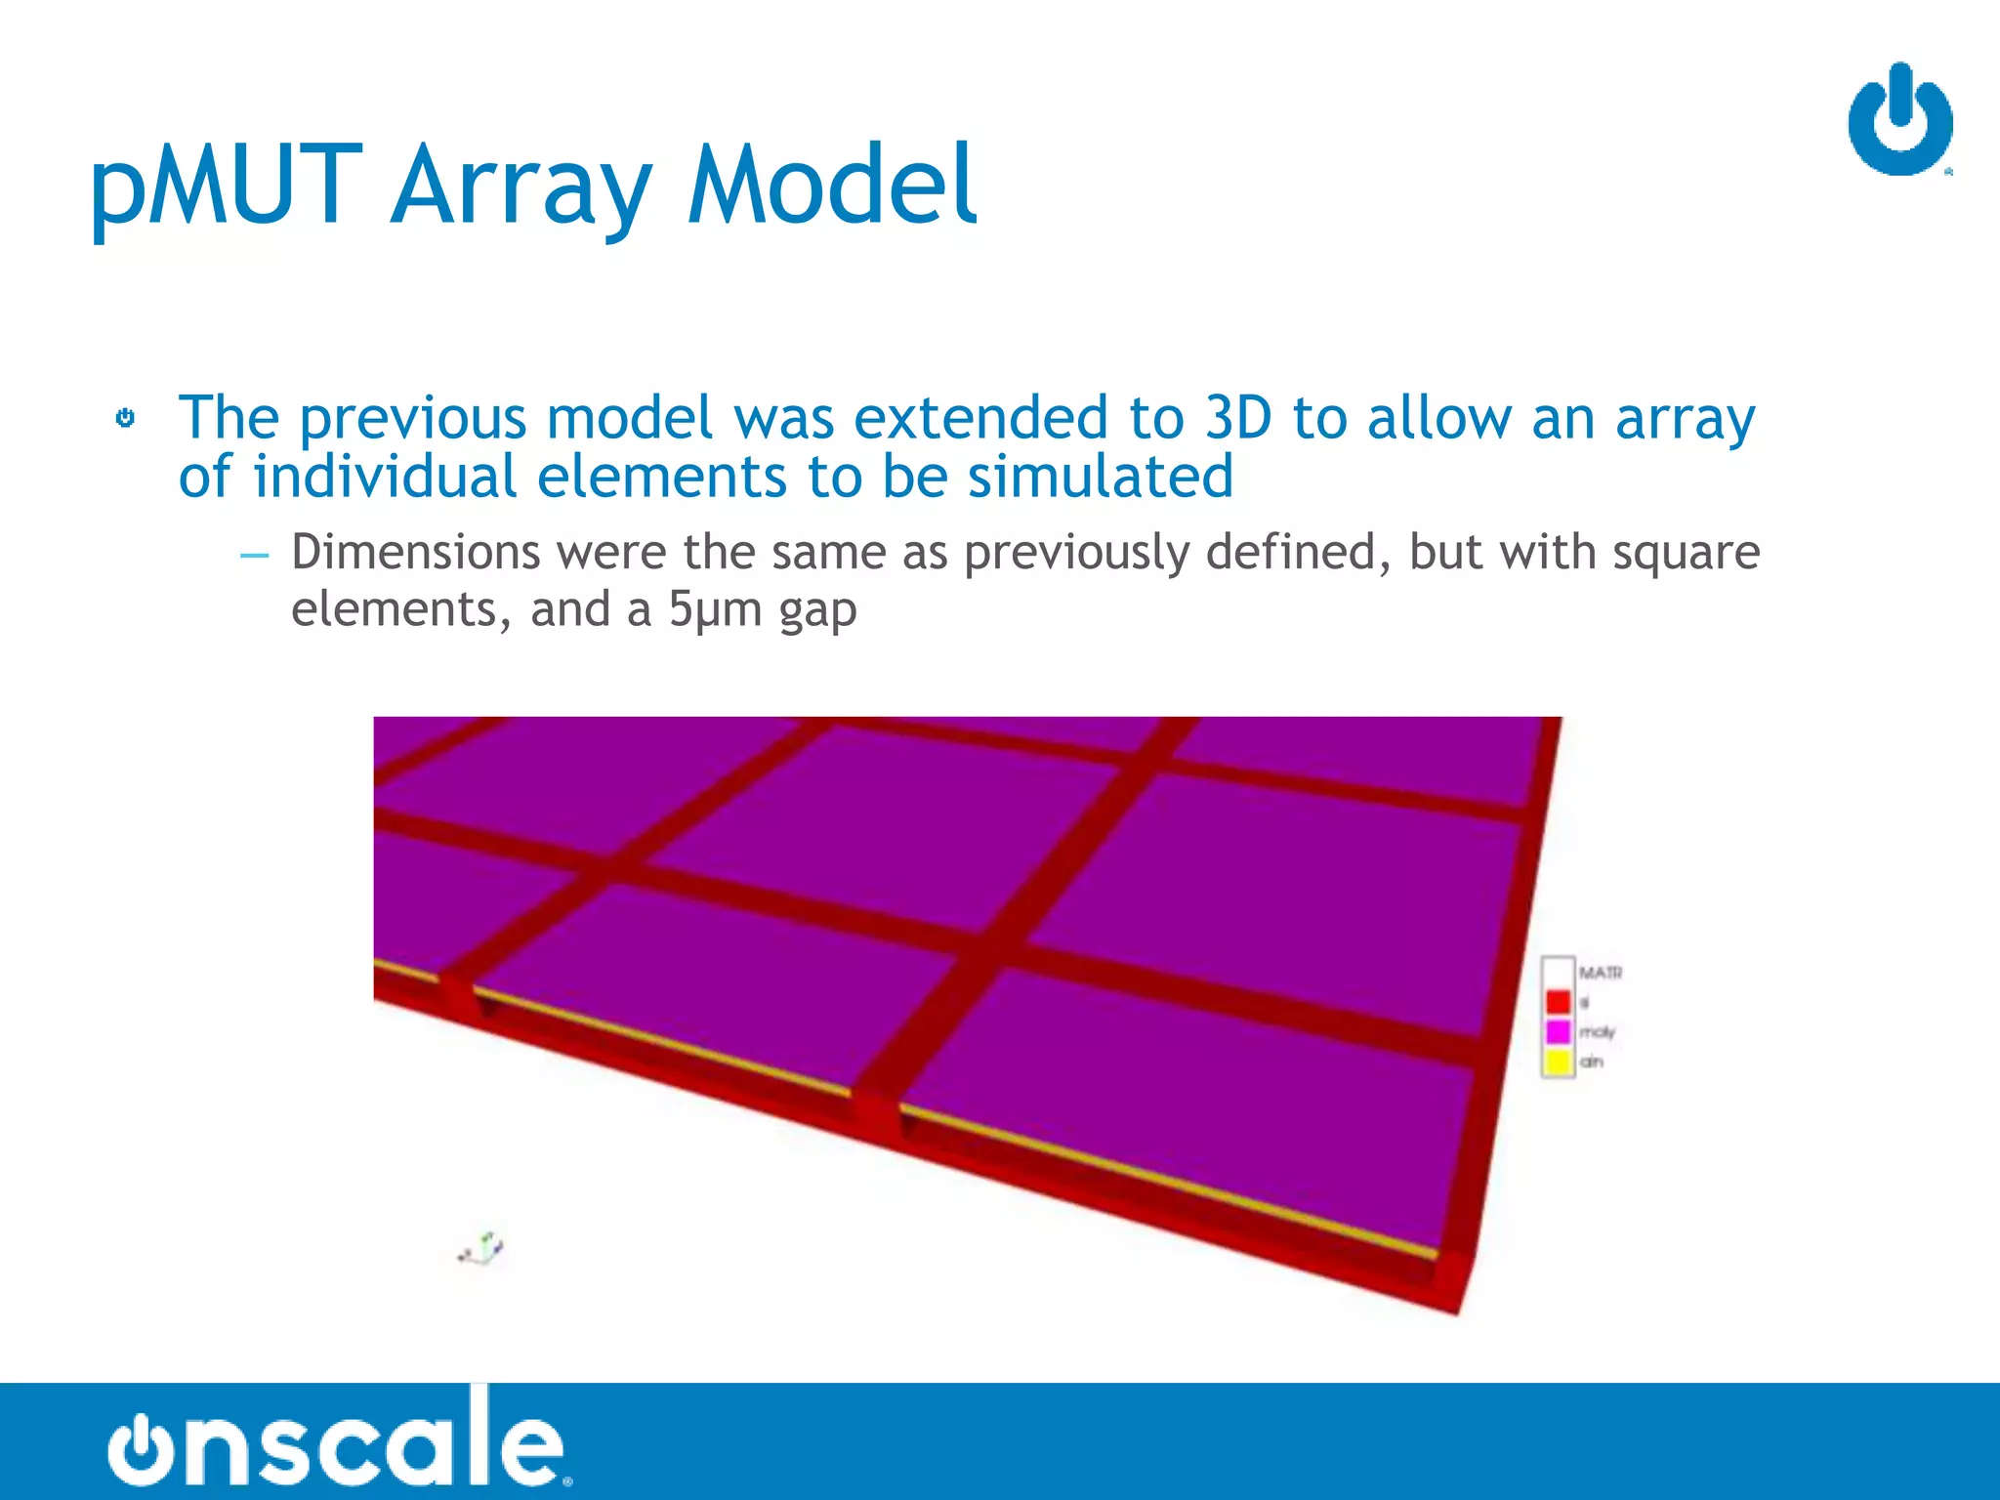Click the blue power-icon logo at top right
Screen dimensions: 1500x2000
[1899, 120]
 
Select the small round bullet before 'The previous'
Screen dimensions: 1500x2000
[125, 418]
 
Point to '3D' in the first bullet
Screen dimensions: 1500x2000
[1237, 418]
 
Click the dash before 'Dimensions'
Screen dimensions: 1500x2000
[254, 555]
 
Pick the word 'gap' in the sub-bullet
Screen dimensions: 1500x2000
[817, 611]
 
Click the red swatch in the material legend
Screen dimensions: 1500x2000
[1558, 1002]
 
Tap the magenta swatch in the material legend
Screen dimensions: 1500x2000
[1558, 1031]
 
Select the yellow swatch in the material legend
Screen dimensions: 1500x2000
[1558, 1061]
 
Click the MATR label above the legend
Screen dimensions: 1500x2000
[1601, 973]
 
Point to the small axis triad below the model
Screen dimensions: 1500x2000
[481, 1248]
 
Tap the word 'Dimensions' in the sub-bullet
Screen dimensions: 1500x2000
[415, 552]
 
